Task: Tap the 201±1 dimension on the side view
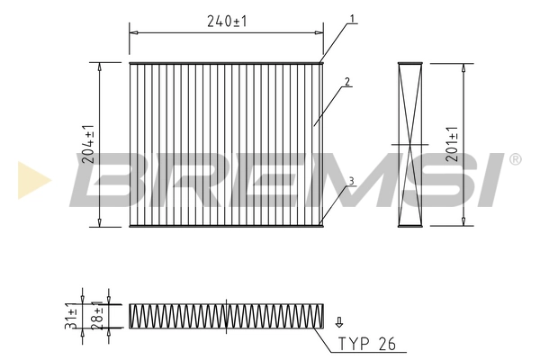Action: [453, 144]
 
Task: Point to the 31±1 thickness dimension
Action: [71, 316]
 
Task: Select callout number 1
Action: [353, 19]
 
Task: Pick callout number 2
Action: [347, 82]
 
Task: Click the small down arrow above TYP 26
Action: [338, 321]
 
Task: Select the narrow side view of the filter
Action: [410, 144]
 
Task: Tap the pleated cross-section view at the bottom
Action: [225, 315]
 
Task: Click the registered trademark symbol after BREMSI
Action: [514, 160]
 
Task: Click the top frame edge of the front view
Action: [225, 63]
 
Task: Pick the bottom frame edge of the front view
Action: [225, 225]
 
